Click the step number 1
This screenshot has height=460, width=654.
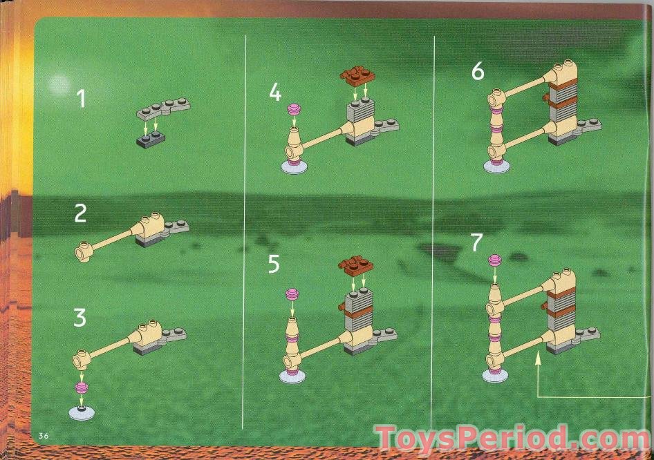(81, 99)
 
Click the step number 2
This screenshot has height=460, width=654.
(80, 213)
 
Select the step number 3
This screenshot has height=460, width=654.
(80, 318)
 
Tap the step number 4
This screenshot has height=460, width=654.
(275, 92)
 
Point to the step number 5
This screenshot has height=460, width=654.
(274, 264)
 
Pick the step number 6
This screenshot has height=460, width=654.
(478, 71)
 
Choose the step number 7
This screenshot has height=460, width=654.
(476, 242)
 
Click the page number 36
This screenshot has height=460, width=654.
(44, 436)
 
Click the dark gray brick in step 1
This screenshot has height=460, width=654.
(151, 139)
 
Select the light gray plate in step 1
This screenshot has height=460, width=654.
(163, 106)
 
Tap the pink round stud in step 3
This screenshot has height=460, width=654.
(82, 387)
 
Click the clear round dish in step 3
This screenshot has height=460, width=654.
(82, 412)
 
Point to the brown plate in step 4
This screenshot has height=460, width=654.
(357, 75)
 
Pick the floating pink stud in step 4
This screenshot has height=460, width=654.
(295, 110)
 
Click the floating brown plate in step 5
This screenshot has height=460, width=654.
(356, 266)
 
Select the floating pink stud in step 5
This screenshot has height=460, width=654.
(292, 294)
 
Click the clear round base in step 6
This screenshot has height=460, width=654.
(497, 166)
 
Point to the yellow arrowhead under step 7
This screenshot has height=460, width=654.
(538, 356)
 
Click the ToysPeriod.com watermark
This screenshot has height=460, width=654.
(512, 439)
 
